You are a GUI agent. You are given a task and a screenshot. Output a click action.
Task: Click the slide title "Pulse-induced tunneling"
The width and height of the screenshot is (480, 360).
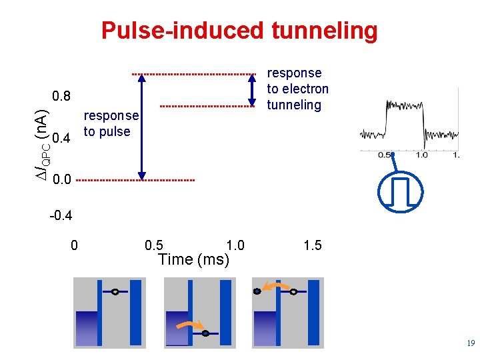click(x=239, y=31)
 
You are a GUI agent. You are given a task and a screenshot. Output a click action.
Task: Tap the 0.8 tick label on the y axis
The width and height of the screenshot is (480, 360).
click(x=61, y=96)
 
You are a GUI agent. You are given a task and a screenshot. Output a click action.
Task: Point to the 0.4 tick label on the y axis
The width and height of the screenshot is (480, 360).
click(x=61, y=139)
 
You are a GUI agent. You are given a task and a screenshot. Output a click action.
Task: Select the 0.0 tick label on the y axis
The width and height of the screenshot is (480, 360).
click(x=61, y=180)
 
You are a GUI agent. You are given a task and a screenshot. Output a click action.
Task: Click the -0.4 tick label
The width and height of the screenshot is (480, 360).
click(x=61, y=216)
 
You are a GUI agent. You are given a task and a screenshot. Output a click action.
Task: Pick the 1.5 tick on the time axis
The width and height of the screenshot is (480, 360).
click(x=312, y=245)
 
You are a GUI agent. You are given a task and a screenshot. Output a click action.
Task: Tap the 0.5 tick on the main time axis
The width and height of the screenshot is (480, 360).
click(x=154, y=245)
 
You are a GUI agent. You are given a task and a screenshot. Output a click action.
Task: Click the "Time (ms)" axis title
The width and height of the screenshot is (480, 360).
click(x=193, y=259)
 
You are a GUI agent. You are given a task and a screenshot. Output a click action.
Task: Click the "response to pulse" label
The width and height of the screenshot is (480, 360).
click(x=111, y=123)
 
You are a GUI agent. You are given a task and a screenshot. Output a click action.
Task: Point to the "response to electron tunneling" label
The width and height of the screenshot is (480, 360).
click(x=297, y=89)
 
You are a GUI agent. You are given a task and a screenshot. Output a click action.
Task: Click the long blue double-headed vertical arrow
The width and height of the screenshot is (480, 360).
click(x=141, y=127)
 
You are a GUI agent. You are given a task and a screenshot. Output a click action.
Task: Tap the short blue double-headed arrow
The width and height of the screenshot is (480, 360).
click(x=252, y=89)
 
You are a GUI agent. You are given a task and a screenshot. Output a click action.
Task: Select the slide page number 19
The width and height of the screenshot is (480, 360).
click(x=471, y=343)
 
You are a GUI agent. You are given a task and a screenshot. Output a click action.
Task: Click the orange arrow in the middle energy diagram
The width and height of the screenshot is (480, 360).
click(x=190, y=325)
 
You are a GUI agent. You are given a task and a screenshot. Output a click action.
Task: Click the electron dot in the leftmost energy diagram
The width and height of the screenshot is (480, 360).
click(x=115, y=292)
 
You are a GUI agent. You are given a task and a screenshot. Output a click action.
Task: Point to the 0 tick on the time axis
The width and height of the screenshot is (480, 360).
click(x=74, y=245)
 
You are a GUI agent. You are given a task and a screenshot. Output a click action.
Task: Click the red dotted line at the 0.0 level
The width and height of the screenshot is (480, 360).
click(x=133, y=180)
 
